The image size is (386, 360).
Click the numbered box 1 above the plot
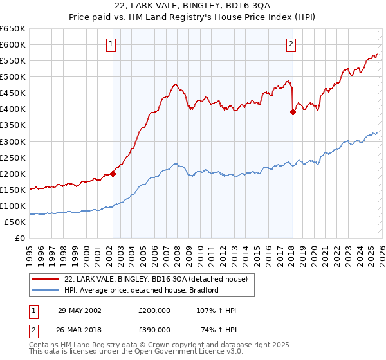tap(112, 44)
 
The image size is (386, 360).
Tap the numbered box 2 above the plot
tap(291, 44)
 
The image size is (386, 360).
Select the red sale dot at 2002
tap(113, 173)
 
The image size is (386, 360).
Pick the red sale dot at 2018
tap(293, 112)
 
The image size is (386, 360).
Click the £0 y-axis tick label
tap(19, 239)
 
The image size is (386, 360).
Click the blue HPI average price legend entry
tap(142, 290)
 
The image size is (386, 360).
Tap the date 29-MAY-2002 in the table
tap(80, 310)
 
